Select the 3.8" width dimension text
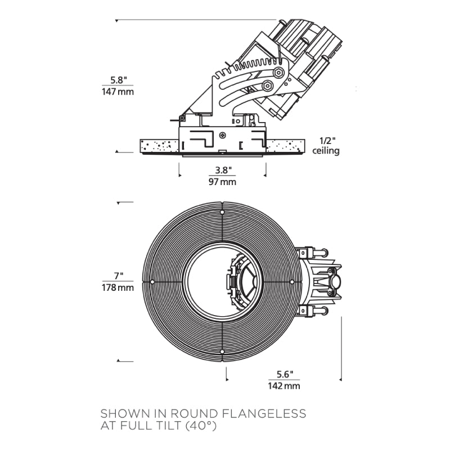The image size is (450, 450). (x=222, y=170)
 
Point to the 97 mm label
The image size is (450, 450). (x=222, y=182)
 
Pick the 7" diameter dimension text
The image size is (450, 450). (x=118, y=276)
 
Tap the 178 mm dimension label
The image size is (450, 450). (x=118, y=287)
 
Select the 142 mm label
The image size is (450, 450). (x=285, y=385)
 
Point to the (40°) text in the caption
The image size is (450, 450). (x=199, y=426)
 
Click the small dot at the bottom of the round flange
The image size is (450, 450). (x=223, y=351)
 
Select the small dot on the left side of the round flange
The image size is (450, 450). (x=152, y=281)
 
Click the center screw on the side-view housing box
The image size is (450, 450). (x=223, y=136)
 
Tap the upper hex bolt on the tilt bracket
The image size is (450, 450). (x=279, y=73)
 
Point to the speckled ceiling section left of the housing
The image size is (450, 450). (x=159, y=145)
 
